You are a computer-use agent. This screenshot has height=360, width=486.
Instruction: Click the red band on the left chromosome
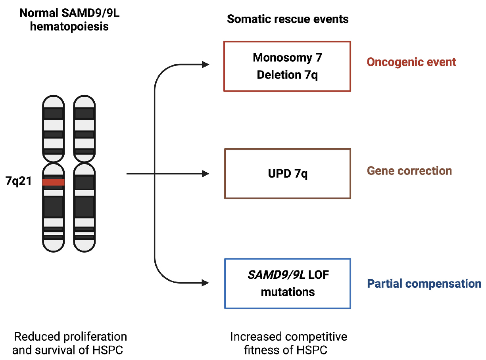point(53,182)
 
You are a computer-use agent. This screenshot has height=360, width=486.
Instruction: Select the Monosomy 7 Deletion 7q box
point(287,66)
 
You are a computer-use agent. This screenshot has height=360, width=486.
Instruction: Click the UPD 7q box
point(287,173)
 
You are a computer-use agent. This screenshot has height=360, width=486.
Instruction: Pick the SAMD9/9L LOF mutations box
point(288,283)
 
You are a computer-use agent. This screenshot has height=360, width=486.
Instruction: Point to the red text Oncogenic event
point(411,62)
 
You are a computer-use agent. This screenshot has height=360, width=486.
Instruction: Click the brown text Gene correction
point(409,171)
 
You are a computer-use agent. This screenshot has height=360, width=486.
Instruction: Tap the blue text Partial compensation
point(424,284)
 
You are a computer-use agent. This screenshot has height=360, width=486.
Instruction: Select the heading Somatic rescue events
point(288,19)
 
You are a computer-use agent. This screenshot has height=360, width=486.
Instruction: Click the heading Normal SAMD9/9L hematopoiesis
point(64,20)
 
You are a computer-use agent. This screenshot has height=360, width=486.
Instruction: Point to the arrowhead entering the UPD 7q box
point(206,174)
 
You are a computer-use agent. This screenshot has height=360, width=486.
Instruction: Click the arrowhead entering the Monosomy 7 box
point(206,64)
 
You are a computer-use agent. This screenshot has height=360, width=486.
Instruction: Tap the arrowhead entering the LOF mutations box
point(206,283)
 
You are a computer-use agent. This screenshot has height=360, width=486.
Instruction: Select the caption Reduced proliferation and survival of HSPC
point(70,343)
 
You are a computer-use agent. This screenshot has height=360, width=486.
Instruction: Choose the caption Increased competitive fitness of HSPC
point(288,343)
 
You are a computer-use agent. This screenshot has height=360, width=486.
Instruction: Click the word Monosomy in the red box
point(277,58)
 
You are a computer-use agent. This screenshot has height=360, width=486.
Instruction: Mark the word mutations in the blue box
point(288,292)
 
